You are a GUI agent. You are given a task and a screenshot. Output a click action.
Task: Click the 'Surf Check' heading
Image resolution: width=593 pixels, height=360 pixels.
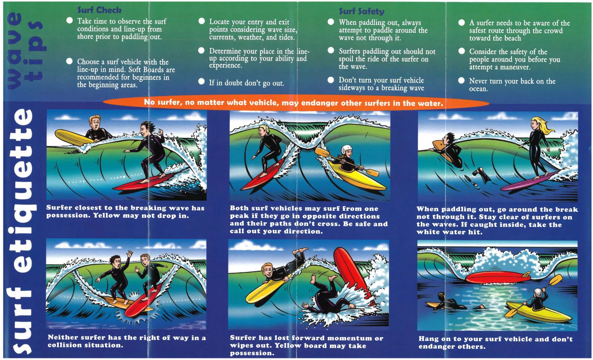[99, 10]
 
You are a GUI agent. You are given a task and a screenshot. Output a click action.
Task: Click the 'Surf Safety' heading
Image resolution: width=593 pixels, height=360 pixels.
[361, 11]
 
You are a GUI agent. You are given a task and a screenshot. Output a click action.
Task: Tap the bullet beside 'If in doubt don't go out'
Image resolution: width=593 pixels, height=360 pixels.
[201, 82]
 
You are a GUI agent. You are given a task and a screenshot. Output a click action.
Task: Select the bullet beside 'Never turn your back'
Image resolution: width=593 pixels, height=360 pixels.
[461, 81]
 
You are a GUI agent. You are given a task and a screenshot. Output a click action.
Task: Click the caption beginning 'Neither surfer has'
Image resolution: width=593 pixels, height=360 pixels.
[127, 341]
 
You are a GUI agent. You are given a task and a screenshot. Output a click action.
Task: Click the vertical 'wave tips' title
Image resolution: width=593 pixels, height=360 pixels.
[25, 51]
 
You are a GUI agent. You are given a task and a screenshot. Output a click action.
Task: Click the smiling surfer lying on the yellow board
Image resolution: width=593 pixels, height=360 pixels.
[267, 272]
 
